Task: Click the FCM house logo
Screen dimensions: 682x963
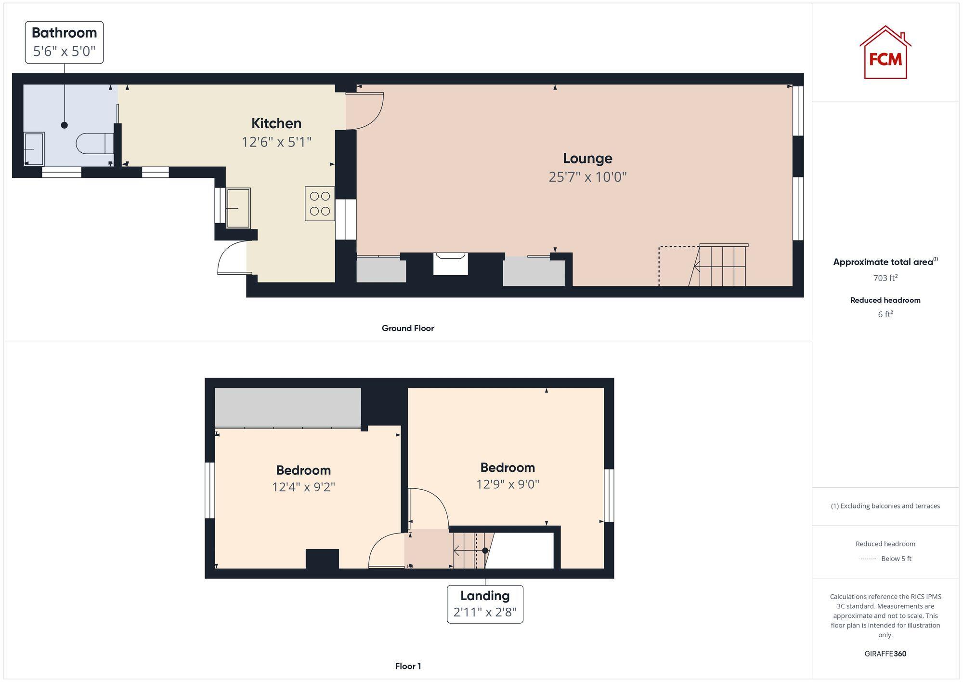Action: click(885, 53)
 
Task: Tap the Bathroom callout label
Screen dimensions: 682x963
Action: click(64, 42)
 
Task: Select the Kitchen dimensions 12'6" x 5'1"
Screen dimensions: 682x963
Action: click(276, 142)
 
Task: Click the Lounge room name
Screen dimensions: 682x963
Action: click(587, 159)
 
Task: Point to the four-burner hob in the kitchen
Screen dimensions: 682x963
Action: click(320, 203)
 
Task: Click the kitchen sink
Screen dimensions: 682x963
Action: click(238, 208)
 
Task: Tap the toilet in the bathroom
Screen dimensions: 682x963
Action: click(94, 144)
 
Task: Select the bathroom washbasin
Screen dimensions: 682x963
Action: click(34, 149)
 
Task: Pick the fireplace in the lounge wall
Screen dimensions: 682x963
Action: click(450, 264)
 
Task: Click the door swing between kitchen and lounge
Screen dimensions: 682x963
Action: click(364, 111)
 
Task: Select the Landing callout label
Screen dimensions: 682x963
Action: click(485, 604)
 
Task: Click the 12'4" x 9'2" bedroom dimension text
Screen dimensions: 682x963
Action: click(303, 487)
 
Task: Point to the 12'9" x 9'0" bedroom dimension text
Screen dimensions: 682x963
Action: click(508, 484)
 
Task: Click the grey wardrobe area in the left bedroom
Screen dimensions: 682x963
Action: click(287, 407)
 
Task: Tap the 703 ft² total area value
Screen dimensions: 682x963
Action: click(885, 278)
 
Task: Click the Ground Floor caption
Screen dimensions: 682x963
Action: click(408, 328)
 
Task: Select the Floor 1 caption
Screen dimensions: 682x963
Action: click(408, 666)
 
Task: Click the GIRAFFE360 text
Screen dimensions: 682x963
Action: click(885, 654)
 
